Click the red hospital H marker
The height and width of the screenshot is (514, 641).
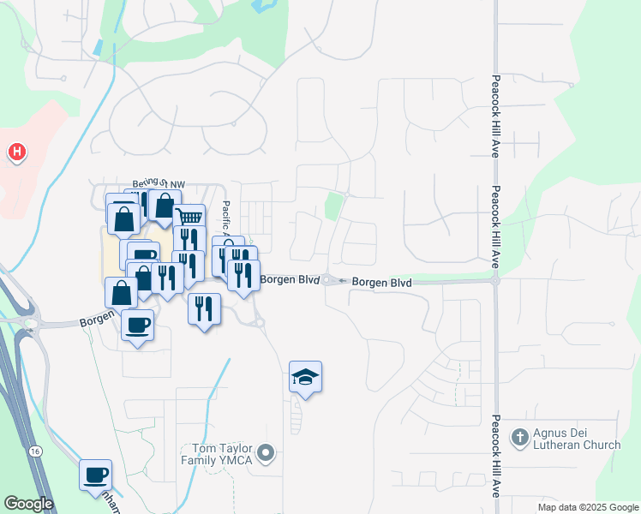click(x=16, y=153)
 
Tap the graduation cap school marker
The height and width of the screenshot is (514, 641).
click(x=305, y=377)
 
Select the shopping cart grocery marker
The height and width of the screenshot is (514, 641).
click(x=189, y=218)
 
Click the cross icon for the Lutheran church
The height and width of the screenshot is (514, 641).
click(x=518, y=438)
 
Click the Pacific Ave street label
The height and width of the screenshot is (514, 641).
click(x=226, y=219)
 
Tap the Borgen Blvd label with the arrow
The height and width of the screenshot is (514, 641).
click(x=374, y=281)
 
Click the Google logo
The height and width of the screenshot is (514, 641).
click(x=27, y=504)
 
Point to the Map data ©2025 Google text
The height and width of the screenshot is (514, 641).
click(x=589, y=507)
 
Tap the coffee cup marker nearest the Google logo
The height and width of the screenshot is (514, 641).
click(x=95, y=474)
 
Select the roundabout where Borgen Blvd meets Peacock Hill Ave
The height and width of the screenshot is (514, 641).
click(x=495, y=280)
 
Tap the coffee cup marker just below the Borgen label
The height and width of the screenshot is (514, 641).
click(x=137, y=325)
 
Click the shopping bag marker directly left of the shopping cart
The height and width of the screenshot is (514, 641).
click(x=163, y=206)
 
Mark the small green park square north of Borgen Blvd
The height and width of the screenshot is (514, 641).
click(x=333, y=206)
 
